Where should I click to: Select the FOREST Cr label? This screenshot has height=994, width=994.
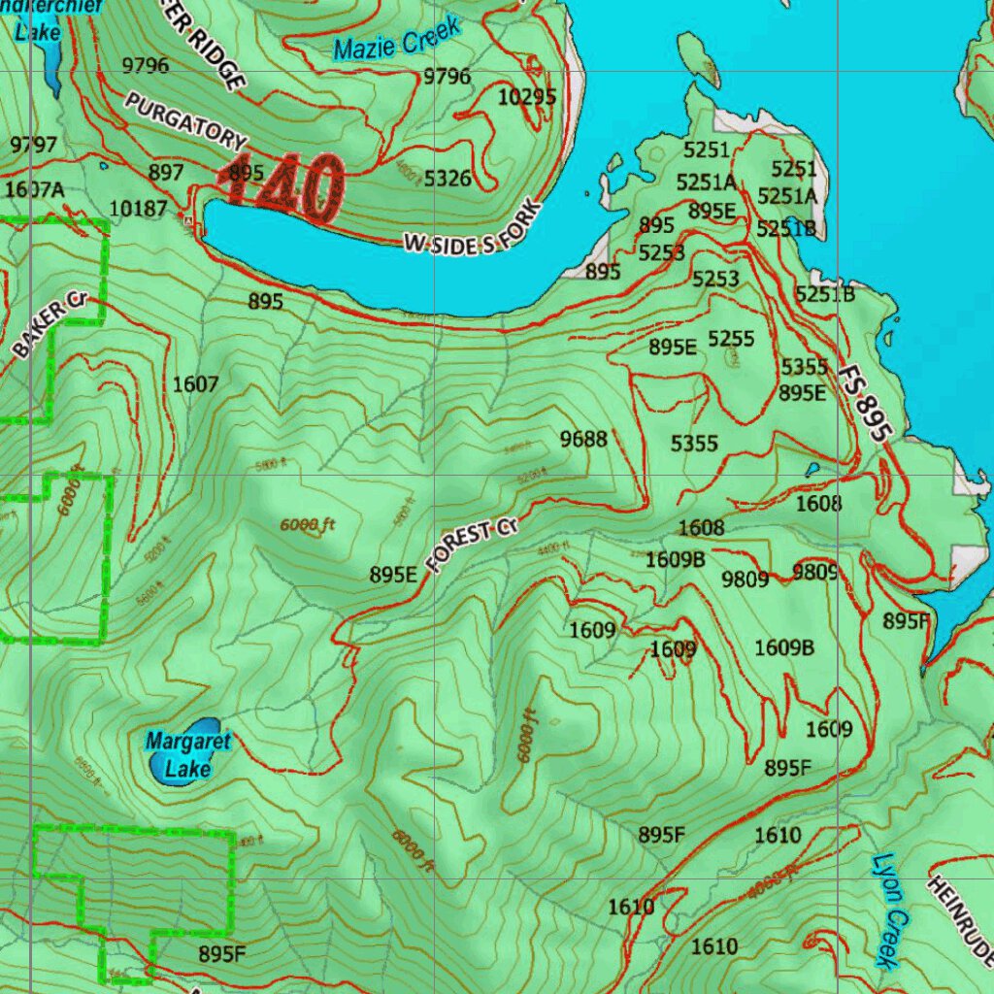pos(473,545)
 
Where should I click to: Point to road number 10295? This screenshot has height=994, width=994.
pos(527,97)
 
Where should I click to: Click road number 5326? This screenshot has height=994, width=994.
pos(447,179)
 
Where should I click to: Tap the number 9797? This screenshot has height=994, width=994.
pos(34,145)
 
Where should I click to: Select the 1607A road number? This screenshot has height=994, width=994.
pos(34,189)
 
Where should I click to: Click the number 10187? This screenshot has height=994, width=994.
pos(138,208)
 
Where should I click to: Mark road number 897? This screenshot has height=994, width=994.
pos(166,172)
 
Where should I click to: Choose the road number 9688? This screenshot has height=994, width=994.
pos(583,440)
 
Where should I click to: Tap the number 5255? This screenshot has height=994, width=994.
pos(731,339)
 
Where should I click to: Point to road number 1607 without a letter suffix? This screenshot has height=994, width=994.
pos(195,384)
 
